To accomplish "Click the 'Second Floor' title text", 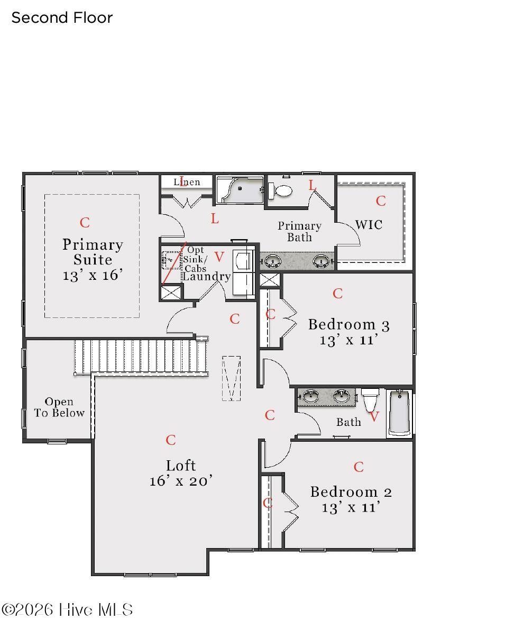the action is point(62,18).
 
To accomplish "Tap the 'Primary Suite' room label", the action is point(93,252).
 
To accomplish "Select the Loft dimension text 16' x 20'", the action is point(181,481).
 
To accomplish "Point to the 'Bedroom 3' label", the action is point(349,325).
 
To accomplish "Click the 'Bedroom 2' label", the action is point(351,492).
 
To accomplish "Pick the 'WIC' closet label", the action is point(369,225).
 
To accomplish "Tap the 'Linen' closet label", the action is point(187,182).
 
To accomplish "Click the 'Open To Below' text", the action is point(59,407).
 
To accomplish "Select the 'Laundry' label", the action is point(206,277).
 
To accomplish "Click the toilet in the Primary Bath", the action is point(280,190).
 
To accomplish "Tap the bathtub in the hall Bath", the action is point(400,413).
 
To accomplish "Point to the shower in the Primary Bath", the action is point(240,190).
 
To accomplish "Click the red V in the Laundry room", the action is point(219,257).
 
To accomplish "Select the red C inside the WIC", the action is point(381,201).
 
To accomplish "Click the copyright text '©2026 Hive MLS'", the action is point(67,610).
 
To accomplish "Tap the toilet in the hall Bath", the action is point(370,400).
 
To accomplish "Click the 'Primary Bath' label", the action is point(299,232).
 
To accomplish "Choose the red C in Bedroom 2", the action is point(359,467).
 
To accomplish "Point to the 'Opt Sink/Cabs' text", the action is point(195,259).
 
